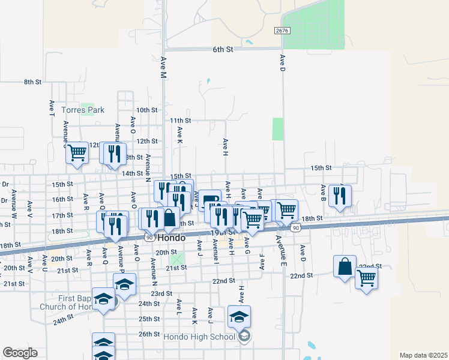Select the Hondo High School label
click(203, 337)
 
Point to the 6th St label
click(222, 50)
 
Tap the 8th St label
click(32, 82)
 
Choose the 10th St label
click(146, 110)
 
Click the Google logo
click(20, 353)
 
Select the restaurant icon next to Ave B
click(340, 196)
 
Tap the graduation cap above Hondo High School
click(239, 317)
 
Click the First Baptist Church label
click(67, 302)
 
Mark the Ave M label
click(163, 67)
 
